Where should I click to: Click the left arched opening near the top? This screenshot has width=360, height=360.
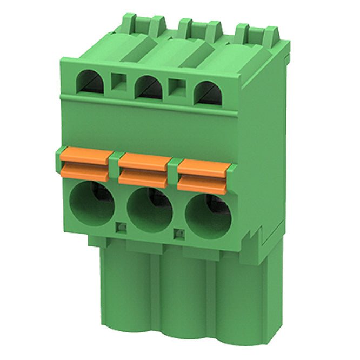[x=89, y=82]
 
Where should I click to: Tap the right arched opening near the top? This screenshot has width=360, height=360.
[x=208, y=92]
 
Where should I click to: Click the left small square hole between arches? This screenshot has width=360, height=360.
[x=118, y=82]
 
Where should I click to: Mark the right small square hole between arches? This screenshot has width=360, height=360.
[x=177, y=87]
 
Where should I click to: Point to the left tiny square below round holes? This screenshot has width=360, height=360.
[x=122, y=227]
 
